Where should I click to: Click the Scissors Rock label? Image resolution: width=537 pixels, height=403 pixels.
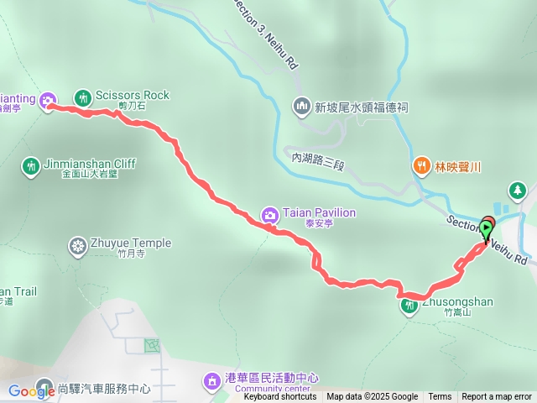(133, 96)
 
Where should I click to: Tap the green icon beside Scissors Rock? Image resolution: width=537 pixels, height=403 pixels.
(82, 97)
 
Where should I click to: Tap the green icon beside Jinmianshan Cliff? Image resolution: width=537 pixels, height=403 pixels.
(31, 165)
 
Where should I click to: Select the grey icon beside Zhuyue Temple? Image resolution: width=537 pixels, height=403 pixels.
(78, 245)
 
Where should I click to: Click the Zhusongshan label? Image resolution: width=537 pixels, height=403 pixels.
(458, 302)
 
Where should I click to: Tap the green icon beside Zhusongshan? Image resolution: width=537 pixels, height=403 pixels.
(409, 306)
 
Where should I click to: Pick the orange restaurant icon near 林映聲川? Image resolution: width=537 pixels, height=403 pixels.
(420, 166)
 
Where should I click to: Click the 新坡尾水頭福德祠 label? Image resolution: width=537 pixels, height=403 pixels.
(361, 107)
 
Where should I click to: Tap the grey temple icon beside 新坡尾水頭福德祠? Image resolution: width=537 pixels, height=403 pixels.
(301, 107)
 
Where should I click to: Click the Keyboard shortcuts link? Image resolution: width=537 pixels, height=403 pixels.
(280, 397)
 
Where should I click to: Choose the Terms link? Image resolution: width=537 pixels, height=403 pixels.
(440, 397)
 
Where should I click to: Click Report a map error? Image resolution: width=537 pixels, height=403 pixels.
(497, 397)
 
